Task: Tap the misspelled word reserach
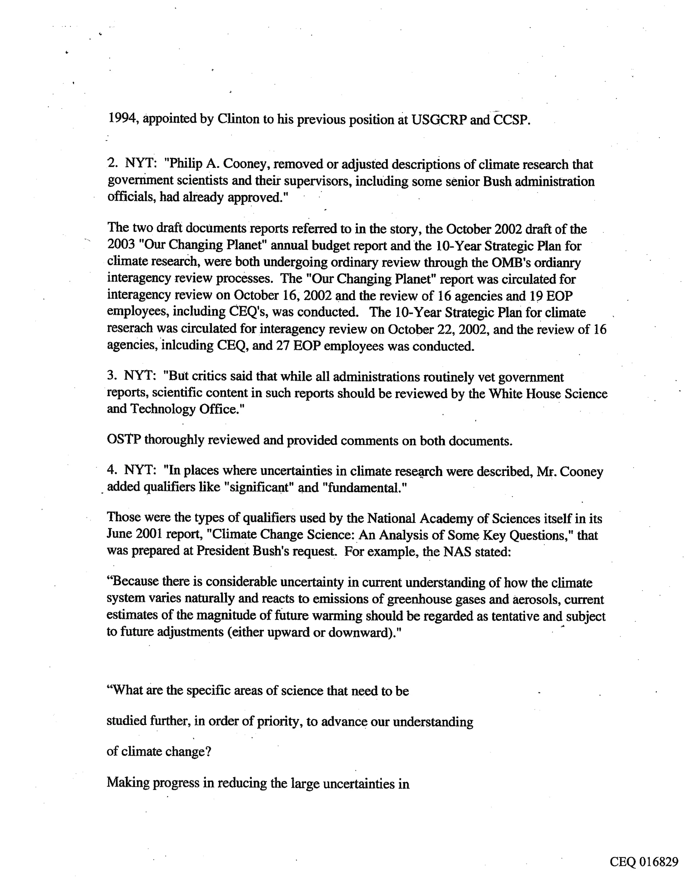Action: coord(130,328)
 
